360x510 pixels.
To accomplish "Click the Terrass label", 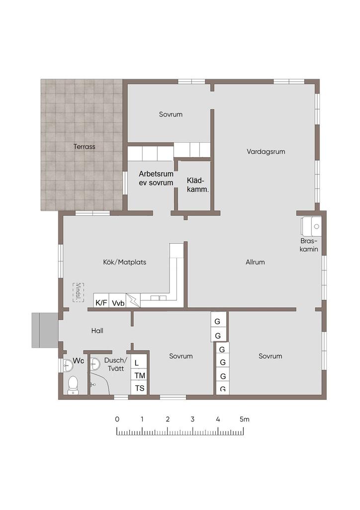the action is (x=85, y=147).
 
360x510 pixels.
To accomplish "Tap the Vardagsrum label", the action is (x=266, y=151).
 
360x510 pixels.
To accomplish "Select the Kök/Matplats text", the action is (x=125, y=262).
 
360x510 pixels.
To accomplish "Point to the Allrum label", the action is (x=255, y=262).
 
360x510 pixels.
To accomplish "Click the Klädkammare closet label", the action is (x=198, y=185).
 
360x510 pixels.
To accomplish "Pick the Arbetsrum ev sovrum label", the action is (x=156, y=178).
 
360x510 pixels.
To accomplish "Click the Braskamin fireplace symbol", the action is (x=311, y=226).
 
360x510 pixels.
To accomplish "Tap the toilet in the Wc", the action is (x=73, y=385).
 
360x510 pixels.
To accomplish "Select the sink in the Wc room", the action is (x=68, y=365).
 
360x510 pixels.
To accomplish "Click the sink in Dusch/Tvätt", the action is (x=94, y=364).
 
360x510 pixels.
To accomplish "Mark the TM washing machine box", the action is (x=140, y=375).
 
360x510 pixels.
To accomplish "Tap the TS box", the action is (x=140, y=387).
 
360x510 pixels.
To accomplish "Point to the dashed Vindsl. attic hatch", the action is (x=78, y=292).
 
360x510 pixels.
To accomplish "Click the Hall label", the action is (x=97, y=331).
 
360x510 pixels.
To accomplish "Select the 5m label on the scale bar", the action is (x=245, y=419).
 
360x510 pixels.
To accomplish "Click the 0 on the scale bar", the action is (x=117, y=419).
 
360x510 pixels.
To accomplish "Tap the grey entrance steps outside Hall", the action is (x=45, y=330).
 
